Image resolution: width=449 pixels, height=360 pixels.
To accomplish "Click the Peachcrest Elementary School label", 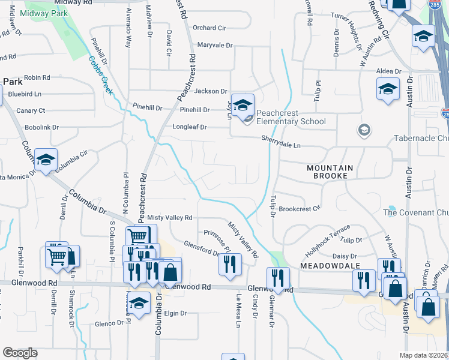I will pyautogui.click(x=291, y=117).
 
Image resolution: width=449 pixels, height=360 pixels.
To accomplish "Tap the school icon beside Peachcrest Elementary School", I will pyautogui.click(x=243, y=106).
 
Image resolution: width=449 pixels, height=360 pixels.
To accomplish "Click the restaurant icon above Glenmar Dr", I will pyautogui.click(x=277, y=278).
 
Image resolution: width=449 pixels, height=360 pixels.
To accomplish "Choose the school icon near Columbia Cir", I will pyautogui.click(x=46, y=160).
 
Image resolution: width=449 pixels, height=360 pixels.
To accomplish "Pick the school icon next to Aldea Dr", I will pyautogui.click(x=388, y=89).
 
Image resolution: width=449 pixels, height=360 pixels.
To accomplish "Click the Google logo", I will pyautogui.click(x=20, y=353).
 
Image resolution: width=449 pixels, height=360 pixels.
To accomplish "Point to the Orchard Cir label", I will pyautogui.click(x=209, y=28).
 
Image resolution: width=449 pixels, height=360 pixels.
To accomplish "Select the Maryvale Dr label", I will pyautogui.click(x=214, y=45).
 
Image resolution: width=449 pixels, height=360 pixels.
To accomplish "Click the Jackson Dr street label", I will pyautogui.click(x=211, y=91).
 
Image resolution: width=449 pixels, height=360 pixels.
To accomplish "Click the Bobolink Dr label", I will pyautogui.click(x=42, y=127).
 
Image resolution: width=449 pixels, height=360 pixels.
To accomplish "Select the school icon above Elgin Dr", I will pyautogui.click(x=139, y=303).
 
